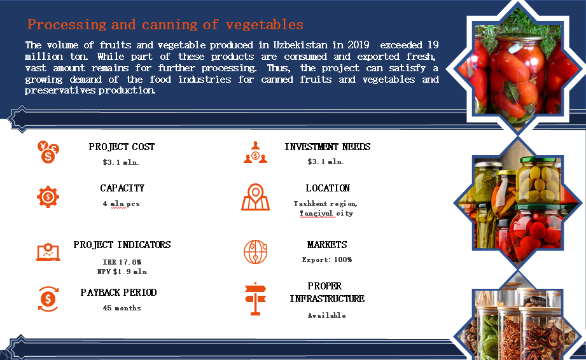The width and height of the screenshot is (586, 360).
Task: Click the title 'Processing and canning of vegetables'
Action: coord(165,25)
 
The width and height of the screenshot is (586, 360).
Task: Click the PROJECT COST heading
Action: coord(122,147)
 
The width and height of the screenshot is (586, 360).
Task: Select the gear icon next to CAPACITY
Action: coord(48,197)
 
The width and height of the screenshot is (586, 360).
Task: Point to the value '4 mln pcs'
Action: coord(121,204)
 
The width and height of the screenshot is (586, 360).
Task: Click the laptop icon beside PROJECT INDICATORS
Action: coord(48,252)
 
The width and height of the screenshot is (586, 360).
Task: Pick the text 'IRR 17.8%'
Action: coord(122,262)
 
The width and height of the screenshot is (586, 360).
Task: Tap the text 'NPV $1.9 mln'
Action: coord(122,272)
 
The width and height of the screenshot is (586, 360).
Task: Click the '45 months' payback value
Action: coord(122,308)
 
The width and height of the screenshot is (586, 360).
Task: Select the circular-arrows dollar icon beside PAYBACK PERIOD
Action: coord(48,299)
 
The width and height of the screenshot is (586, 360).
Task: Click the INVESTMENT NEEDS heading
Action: coord(328,147)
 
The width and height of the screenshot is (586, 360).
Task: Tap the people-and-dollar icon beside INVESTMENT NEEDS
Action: coord(255,153)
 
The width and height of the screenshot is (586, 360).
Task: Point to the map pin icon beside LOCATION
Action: coord(255,197)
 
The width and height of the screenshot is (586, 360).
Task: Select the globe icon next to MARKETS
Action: coord(256,252)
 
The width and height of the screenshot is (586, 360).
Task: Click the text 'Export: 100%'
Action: coord(327,260)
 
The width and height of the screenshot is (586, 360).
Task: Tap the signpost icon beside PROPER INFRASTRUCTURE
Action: coord(256,299)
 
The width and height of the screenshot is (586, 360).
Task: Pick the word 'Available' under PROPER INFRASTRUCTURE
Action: coord(326,315)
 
